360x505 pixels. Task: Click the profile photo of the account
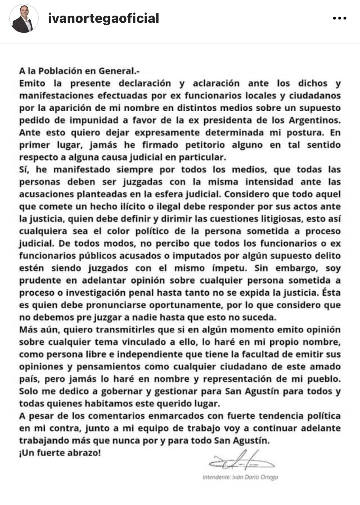point(24,19)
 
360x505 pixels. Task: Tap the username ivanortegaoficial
point(104,18)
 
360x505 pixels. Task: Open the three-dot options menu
point(340,18)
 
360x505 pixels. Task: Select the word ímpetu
point(229,268)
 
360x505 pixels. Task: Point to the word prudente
point(40,281)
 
